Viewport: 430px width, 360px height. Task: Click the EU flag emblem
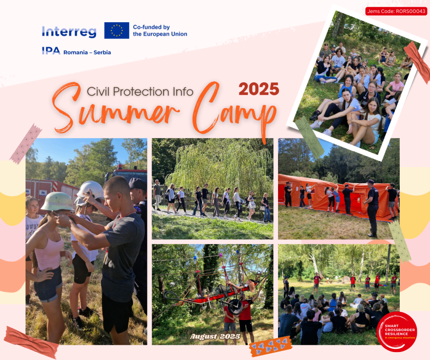117,30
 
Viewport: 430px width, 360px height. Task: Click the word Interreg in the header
69,32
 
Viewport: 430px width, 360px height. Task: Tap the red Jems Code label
396,11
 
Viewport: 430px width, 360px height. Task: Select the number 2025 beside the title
259,89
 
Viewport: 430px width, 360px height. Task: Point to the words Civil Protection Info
140,92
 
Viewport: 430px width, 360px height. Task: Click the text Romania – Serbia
87,52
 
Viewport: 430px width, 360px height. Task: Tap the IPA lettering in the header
51,51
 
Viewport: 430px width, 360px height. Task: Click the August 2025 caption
215,337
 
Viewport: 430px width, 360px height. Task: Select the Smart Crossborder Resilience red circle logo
397,331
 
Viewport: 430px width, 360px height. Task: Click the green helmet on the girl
57,201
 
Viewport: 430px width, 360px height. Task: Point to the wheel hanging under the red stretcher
235,307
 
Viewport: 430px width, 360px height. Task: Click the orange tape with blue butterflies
271,346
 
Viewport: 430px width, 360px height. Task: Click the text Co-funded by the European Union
160,30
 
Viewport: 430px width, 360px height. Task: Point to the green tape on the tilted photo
309,137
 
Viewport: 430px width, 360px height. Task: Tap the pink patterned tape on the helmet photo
26,144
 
